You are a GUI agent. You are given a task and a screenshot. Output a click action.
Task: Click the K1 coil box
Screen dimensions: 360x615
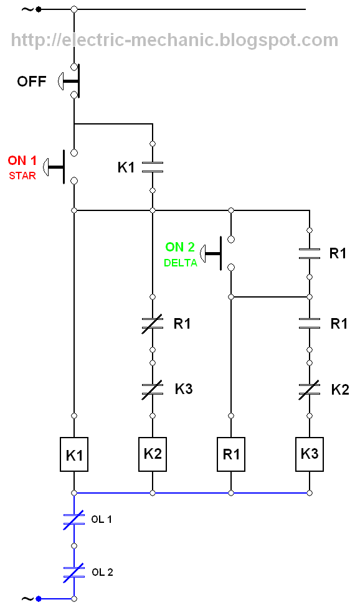click(x=73, y=454)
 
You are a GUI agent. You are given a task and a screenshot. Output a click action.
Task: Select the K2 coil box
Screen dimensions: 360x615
click(x=153, y=454)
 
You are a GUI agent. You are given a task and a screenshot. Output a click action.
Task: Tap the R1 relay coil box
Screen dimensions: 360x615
click(x=231, y=454)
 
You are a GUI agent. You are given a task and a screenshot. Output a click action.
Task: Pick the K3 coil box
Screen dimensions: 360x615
click(x=310, y=454)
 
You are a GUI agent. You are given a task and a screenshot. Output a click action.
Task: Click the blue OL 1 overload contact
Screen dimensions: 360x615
click(x=73, y=520)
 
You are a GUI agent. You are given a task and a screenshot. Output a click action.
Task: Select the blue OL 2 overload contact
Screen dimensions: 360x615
click(x=73, y=573)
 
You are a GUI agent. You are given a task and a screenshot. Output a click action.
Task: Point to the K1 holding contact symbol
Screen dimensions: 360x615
click(x=153, y=167)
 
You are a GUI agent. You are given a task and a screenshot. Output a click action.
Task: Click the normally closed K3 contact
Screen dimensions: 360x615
click(x=153, y=390)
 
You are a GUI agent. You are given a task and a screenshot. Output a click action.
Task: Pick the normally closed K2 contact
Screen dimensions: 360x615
click(x=310, y=390)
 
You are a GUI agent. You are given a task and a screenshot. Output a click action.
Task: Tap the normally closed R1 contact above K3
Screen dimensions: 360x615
click(x=153, y=324)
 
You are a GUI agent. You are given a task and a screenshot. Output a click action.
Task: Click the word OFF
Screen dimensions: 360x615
click(x=32, y=82)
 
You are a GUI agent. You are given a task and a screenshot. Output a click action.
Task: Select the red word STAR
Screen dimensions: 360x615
click(x=22, y=176)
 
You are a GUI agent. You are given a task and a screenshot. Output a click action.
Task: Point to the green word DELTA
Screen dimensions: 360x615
click(x=181, y=263)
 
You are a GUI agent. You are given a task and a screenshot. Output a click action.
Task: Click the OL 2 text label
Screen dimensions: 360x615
click(x=103, y=573)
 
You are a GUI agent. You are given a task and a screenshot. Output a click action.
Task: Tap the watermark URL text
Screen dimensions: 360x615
click(x=174, y=40)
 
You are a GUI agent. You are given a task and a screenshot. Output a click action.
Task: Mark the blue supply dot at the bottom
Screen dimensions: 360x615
click(x=39, y=599)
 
